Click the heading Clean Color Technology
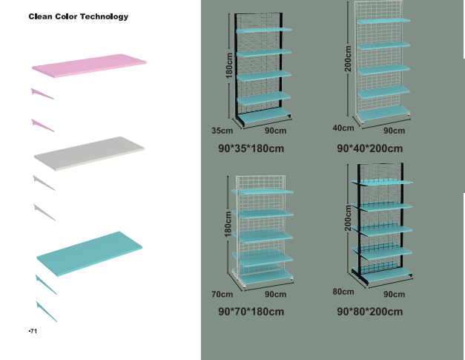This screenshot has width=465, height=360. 78,16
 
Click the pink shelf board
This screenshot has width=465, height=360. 89,64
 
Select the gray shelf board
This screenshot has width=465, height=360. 89,153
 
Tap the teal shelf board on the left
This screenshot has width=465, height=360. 90,252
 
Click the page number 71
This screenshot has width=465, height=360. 32,331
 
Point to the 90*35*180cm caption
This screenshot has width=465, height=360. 251,148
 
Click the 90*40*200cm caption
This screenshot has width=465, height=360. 374,148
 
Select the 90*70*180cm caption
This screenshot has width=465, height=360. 251,312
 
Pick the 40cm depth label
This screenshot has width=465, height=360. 343,128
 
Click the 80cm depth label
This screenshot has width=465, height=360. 343,292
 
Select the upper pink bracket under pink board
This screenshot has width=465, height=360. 42,94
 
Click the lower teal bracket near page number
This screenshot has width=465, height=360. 46,310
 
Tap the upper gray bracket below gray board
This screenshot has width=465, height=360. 44,182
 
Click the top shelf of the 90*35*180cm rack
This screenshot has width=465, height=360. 264,30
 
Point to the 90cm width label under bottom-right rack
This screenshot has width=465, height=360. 394,295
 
